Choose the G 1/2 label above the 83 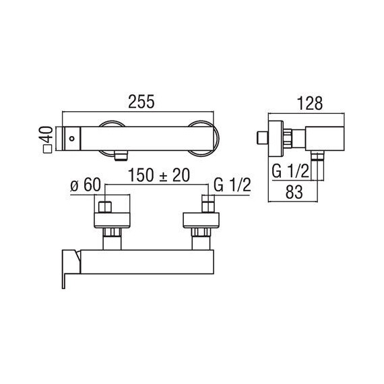pos(291,172)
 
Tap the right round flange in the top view pos(201,138)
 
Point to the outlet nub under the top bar pos(121,156)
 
